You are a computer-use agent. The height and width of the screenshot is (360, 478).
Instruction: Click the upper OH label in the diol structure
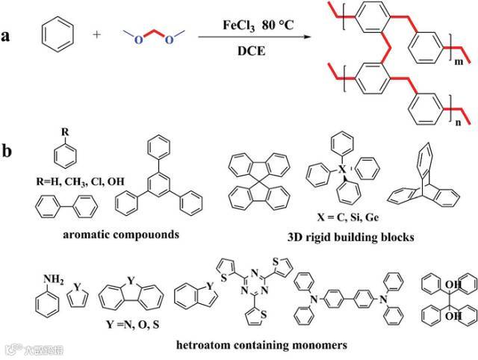coord(451,282)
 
